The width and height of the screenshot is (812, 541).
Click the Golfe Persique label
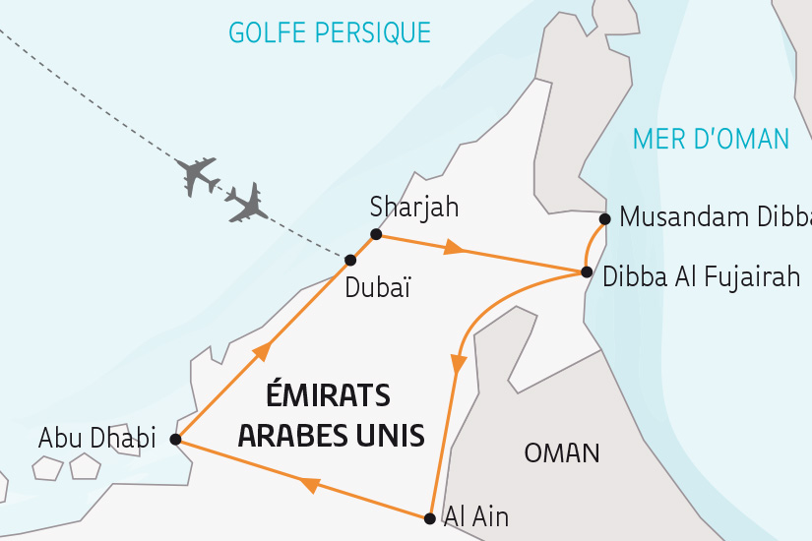(330, 32)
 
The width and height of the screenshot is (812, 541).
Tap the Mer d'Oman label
(712, 139)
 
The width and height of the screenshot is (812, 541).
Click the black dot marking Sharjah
(375, 234)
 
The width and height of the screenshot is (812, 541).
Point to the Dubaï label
(377, 289)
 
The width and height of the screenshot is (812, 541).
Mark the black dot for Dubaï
(349, 260)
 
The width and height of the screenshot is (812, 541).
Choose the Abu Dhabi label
(96, 439)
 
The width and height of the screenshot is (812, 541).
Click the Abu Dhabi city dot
(175, 440)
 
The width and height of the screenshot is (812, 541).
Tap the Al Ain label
(476, 514)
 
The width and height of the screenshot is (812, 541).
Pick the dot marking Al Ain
(429, 518)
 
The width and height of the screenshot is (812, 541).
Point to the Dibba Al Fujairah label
(701, 277)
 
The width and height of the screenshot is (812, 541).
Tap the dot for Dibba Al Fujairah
(587, 271)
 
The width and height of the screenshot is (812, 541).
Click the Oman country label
(562, 453)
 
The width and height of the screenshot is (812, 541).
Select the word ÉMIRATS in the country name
(329, 396)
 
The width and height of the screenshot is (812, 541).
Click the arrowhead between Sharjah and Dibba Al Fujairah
(454, 248)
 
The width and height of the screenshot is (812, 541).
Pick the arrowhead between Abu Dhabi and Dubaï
(262, 351)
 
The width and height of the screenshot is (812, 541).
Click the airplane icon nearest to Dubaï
(246, 203)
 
